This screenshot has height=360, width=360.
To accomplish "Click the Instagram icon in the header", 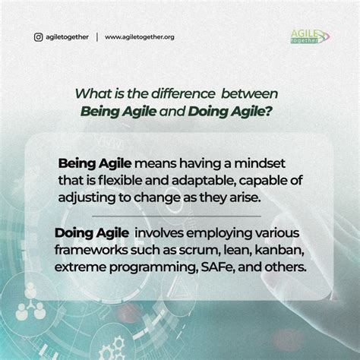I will point(38,36).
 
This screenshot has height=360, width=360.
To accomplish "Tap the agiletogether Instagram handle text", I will point(68,36).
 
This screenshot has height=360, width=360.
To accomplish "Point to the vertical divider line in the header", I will point(96,36).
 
